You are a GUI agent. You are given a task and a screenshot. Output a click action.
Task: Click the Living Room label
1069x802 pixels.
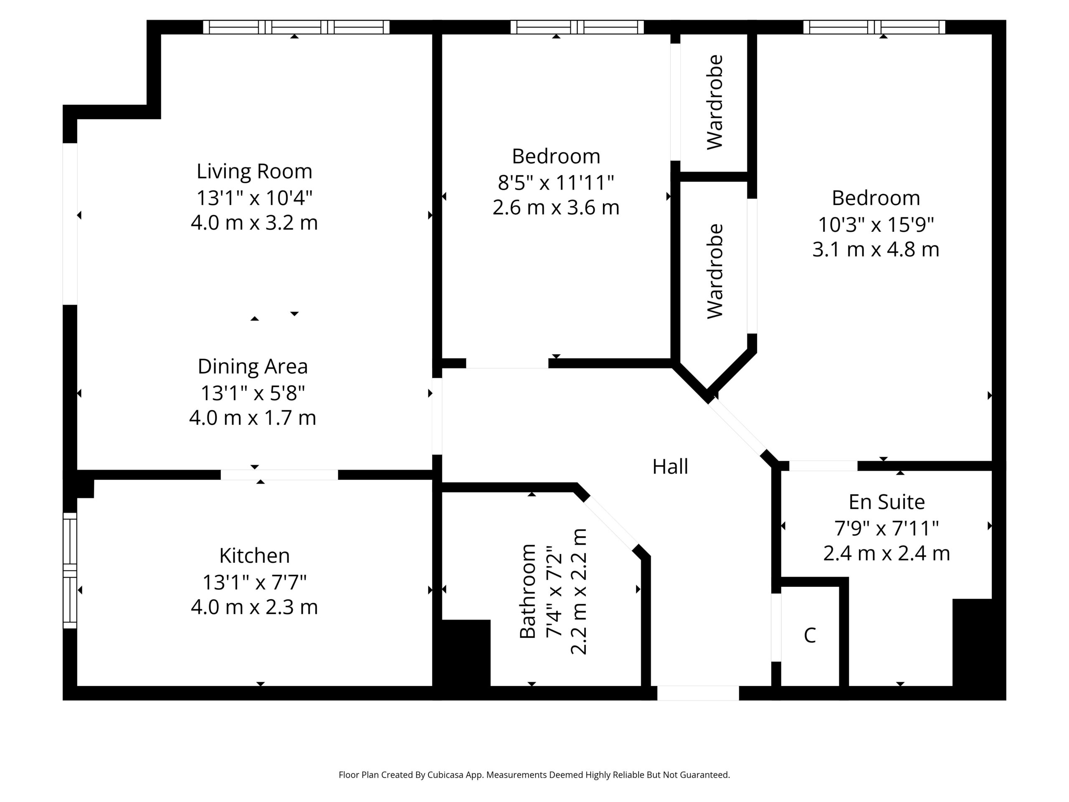[254, 171]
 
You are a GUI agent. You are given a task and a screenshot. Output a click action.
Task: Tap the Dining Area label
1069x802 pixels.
[253, 366]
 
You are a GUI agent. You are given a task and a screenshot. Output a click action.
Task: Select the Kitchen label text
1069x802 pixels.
[254, 556]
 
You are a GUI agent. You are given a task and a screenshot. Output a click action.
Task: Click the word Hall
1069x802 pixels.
[670, 467]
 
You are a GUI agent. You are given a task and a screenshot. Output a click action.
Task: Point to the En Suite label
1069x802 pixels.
[887, 502]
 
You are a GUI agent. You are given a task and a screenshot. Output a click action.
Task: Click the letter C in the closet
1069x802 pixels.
[810, 635]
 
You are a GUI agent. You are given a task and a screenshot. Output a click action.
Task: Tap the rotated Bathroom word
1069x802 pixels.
[528, 591]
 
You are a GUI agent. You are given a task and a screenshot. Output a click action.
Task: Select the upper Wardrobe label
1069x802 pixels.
[715, 102]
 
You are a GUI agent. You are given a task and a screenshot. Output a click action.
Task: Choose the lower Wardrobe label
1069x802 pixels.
[715, 271]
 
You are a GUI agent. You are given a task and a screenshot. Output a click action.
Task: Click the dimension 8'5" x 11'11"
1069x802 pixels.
[556, 183]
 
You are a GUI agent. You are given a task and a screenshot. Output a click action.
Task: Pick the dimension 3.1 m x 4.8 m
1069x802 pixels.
[876, 249]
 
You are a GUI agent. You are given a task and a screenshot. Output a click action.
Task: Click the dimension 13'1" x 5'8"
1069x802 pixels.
[253, 393]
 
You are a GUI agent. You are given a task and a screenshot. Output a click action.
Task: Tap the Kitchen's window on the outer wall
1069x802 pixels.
[70, 571]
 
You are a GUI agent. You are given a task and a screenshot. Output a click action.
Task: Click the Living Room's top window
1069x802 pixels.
[296, 27]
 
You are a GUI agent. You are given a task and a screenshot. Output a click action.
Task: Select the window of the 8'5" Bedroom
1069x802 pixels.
[577, 27]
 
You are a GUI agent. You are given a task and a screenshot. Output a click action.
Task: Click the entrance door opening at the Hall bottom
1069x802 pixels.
[698, 693]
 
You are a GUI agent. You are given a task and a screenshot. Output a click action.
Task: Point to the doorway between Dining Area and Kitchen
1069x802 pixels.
[279, 475]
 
